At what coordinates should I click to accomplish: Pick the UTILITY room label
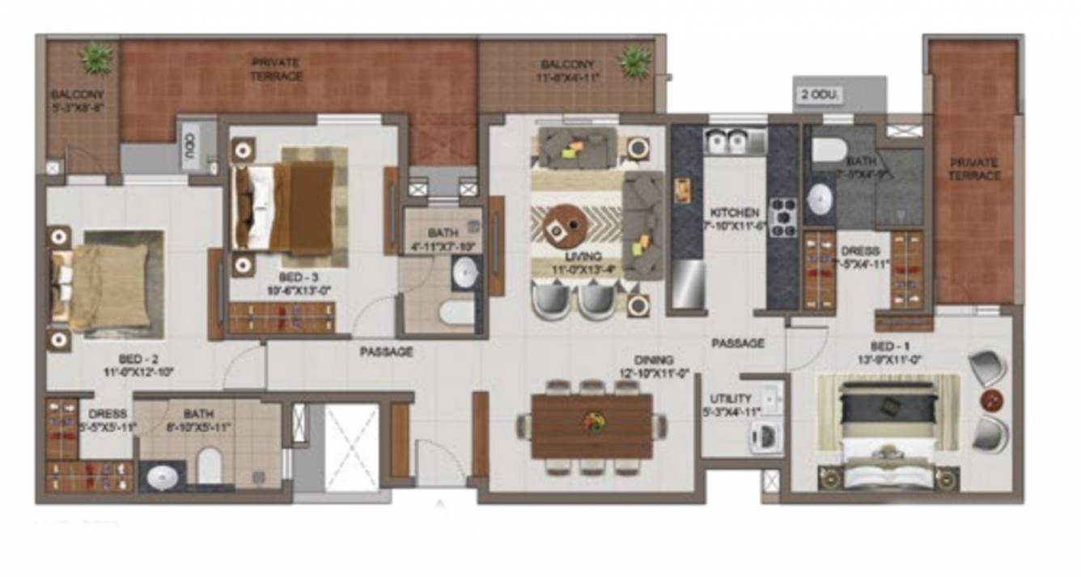731,399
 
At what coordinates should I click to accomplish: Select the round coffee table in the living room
566,226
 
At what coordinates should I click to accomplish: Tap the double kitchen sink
727,142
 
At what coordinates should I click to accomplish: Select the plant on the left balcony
96,58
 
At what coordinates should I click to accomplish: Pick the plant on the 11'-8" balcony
634,62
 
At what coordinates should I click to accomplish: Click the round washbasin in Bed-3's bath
465,273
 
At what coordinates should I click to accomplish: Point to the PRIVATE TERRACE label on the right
975,168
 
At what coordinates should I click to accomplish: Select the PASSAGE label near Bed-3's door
386,352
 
